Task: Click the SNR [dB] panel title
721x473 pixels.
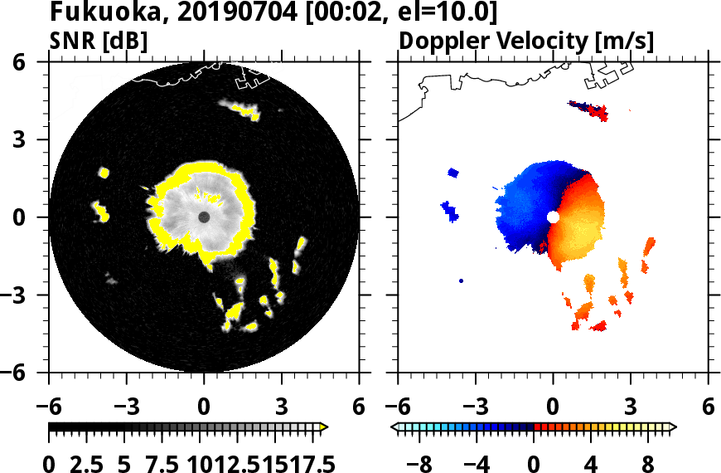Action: [99, 41]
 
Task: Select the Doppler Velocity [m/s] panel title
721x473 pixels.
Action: [527, 41]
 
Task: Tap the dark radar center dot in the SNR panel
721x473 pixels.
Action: [204, 217]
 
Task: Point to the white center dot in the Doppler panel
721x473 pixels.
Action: [553, 217]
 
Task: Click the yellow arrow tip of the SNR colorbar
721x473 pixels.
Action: [324, 427]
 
